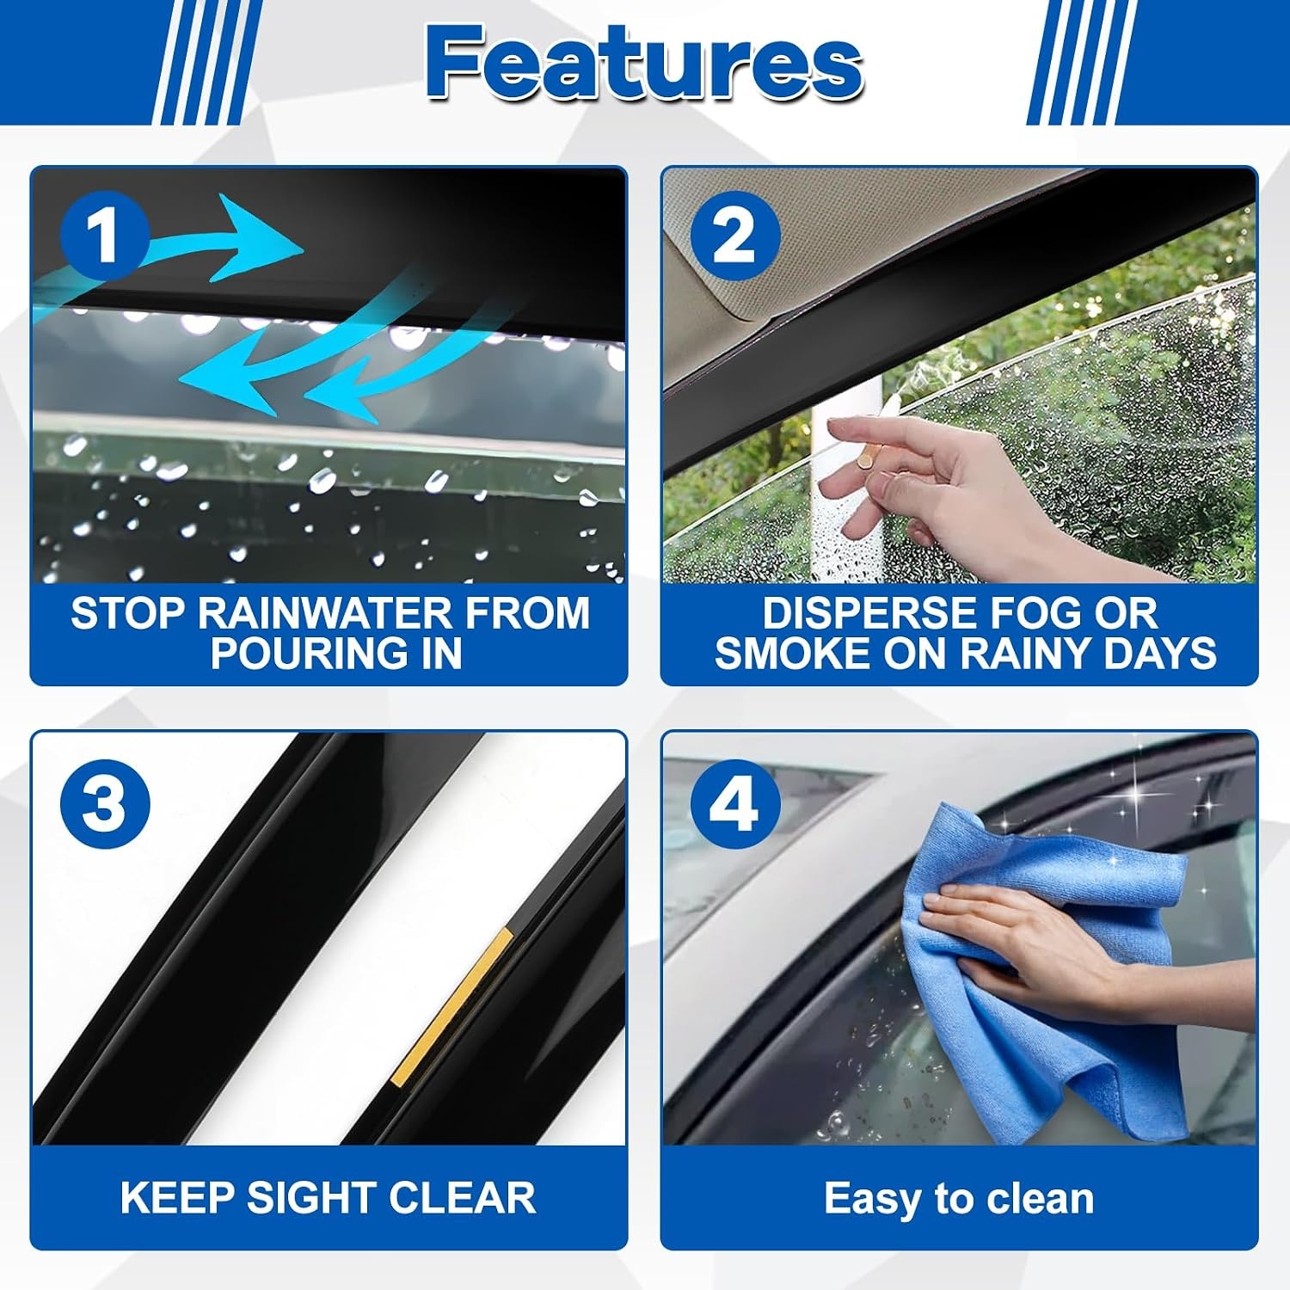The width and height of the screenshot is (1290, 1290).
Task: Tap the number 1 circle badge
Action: (105, 236)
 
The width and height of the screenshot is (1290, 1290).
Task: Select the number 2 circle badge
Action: (734, 236)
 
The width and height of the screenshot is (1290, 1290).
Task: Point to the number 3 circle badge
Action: (105, 805)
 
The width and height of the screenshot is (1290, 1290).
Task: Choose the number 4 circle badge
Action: (734, 805)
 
